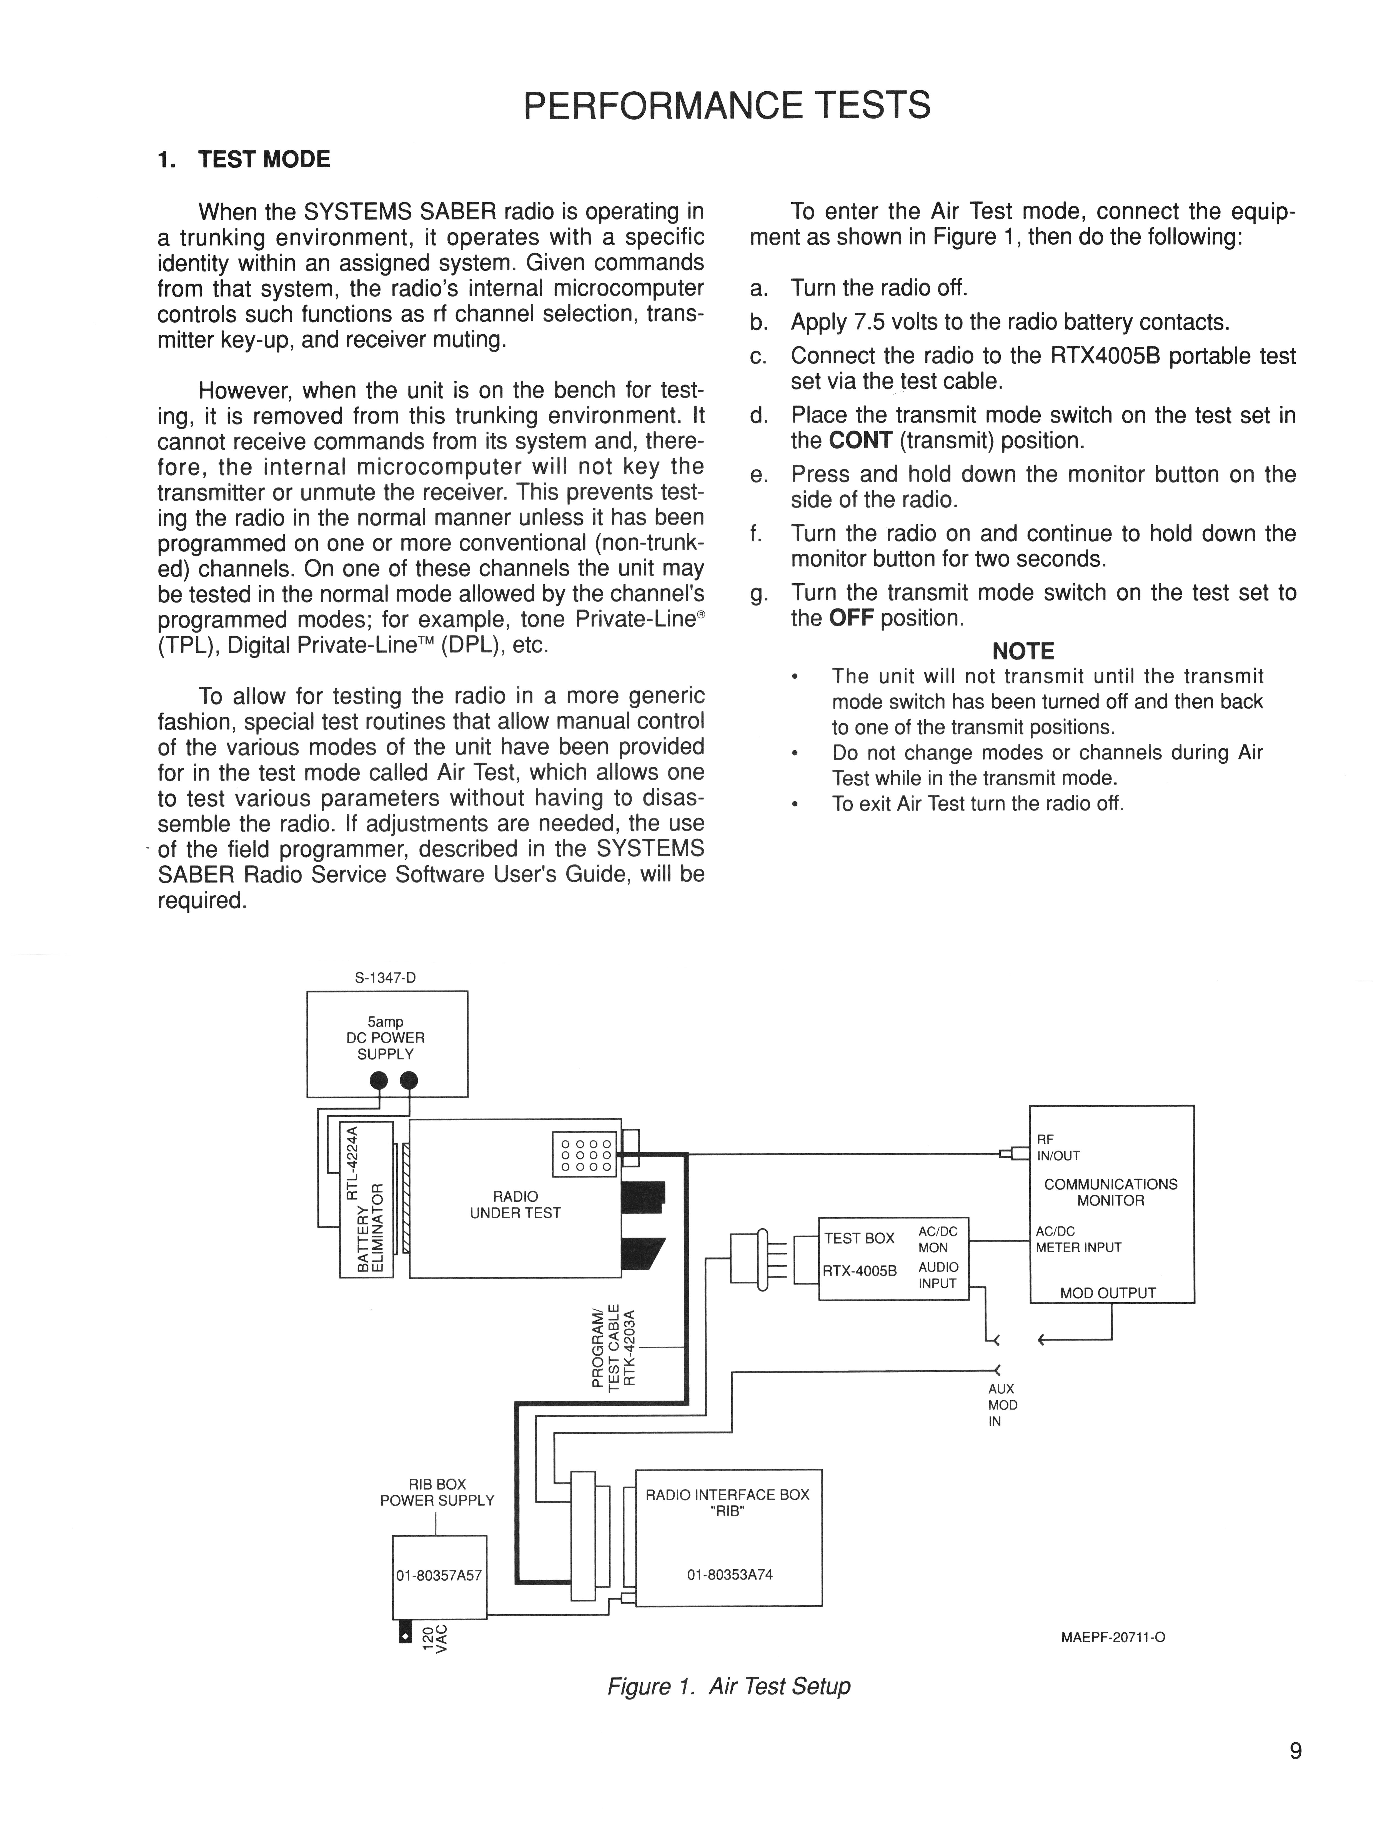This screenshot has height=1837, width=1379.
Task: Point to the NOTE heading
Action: click(x=1023, y=651)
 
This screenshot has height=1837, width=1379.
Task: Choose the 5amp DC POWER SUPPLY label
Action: click(x=385, y=1038)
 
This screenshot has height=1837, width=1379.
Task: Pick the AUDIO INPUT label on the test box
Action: click(x=938, y=1275)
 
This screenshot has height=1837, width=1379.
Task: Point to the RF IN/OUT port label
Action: click(x=1058, y=1148)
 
